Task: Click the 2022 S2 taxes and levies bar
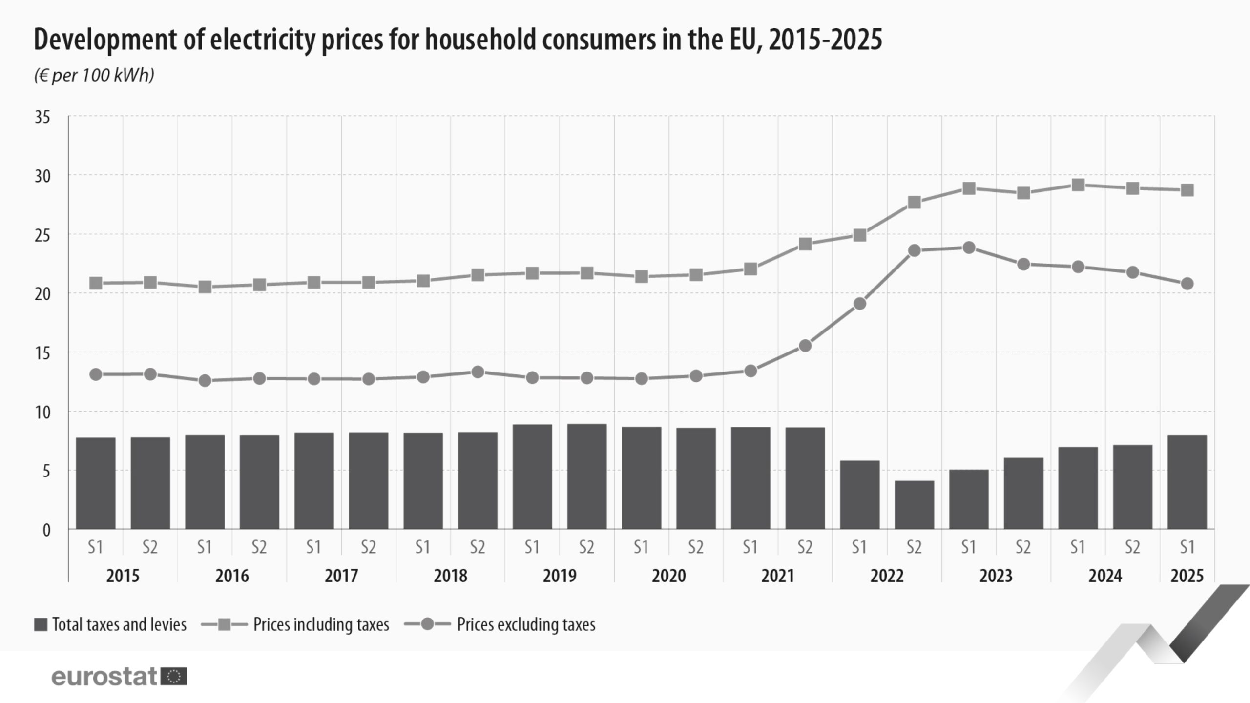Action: (x=914, y=505)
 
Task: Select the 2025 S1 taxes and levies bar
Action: (x=1187, y=482)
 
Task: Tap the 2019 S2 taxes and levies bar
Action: (x=587, y=476)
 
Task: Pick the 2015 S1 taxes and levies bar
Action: (x=96, y=483)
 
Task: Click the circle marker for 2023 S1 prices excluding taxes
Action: (x=969, y=248)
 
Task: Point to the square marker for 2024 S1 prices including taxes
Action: (x=1078, y=185)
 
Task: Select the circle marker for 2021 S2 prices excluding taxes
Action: (x=805, y=346)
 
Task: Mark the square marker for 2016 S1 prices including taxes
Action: (x=205, y=287)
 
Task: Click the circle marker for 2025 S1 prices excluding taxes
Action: (x=1187, y=284)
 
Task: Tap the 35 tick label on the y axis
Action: (x=42, y=117)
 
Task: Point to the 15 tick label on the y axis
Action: (x=42, y=353)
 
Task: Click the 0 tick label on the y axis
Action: (x=46, y=530)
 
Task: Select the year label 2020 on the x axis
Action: (x=668, y=576)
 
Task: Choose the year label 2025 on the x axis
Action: (x=1187, y=576)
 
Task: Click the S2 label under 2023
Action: (x=1023, y=547)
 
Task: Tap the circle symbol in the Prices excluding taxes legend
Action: (x=428, y=624)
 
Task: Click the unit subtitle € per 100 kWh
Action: (x=94, y=75)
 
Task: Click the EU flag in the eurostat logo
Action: (x=174, y=677)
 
